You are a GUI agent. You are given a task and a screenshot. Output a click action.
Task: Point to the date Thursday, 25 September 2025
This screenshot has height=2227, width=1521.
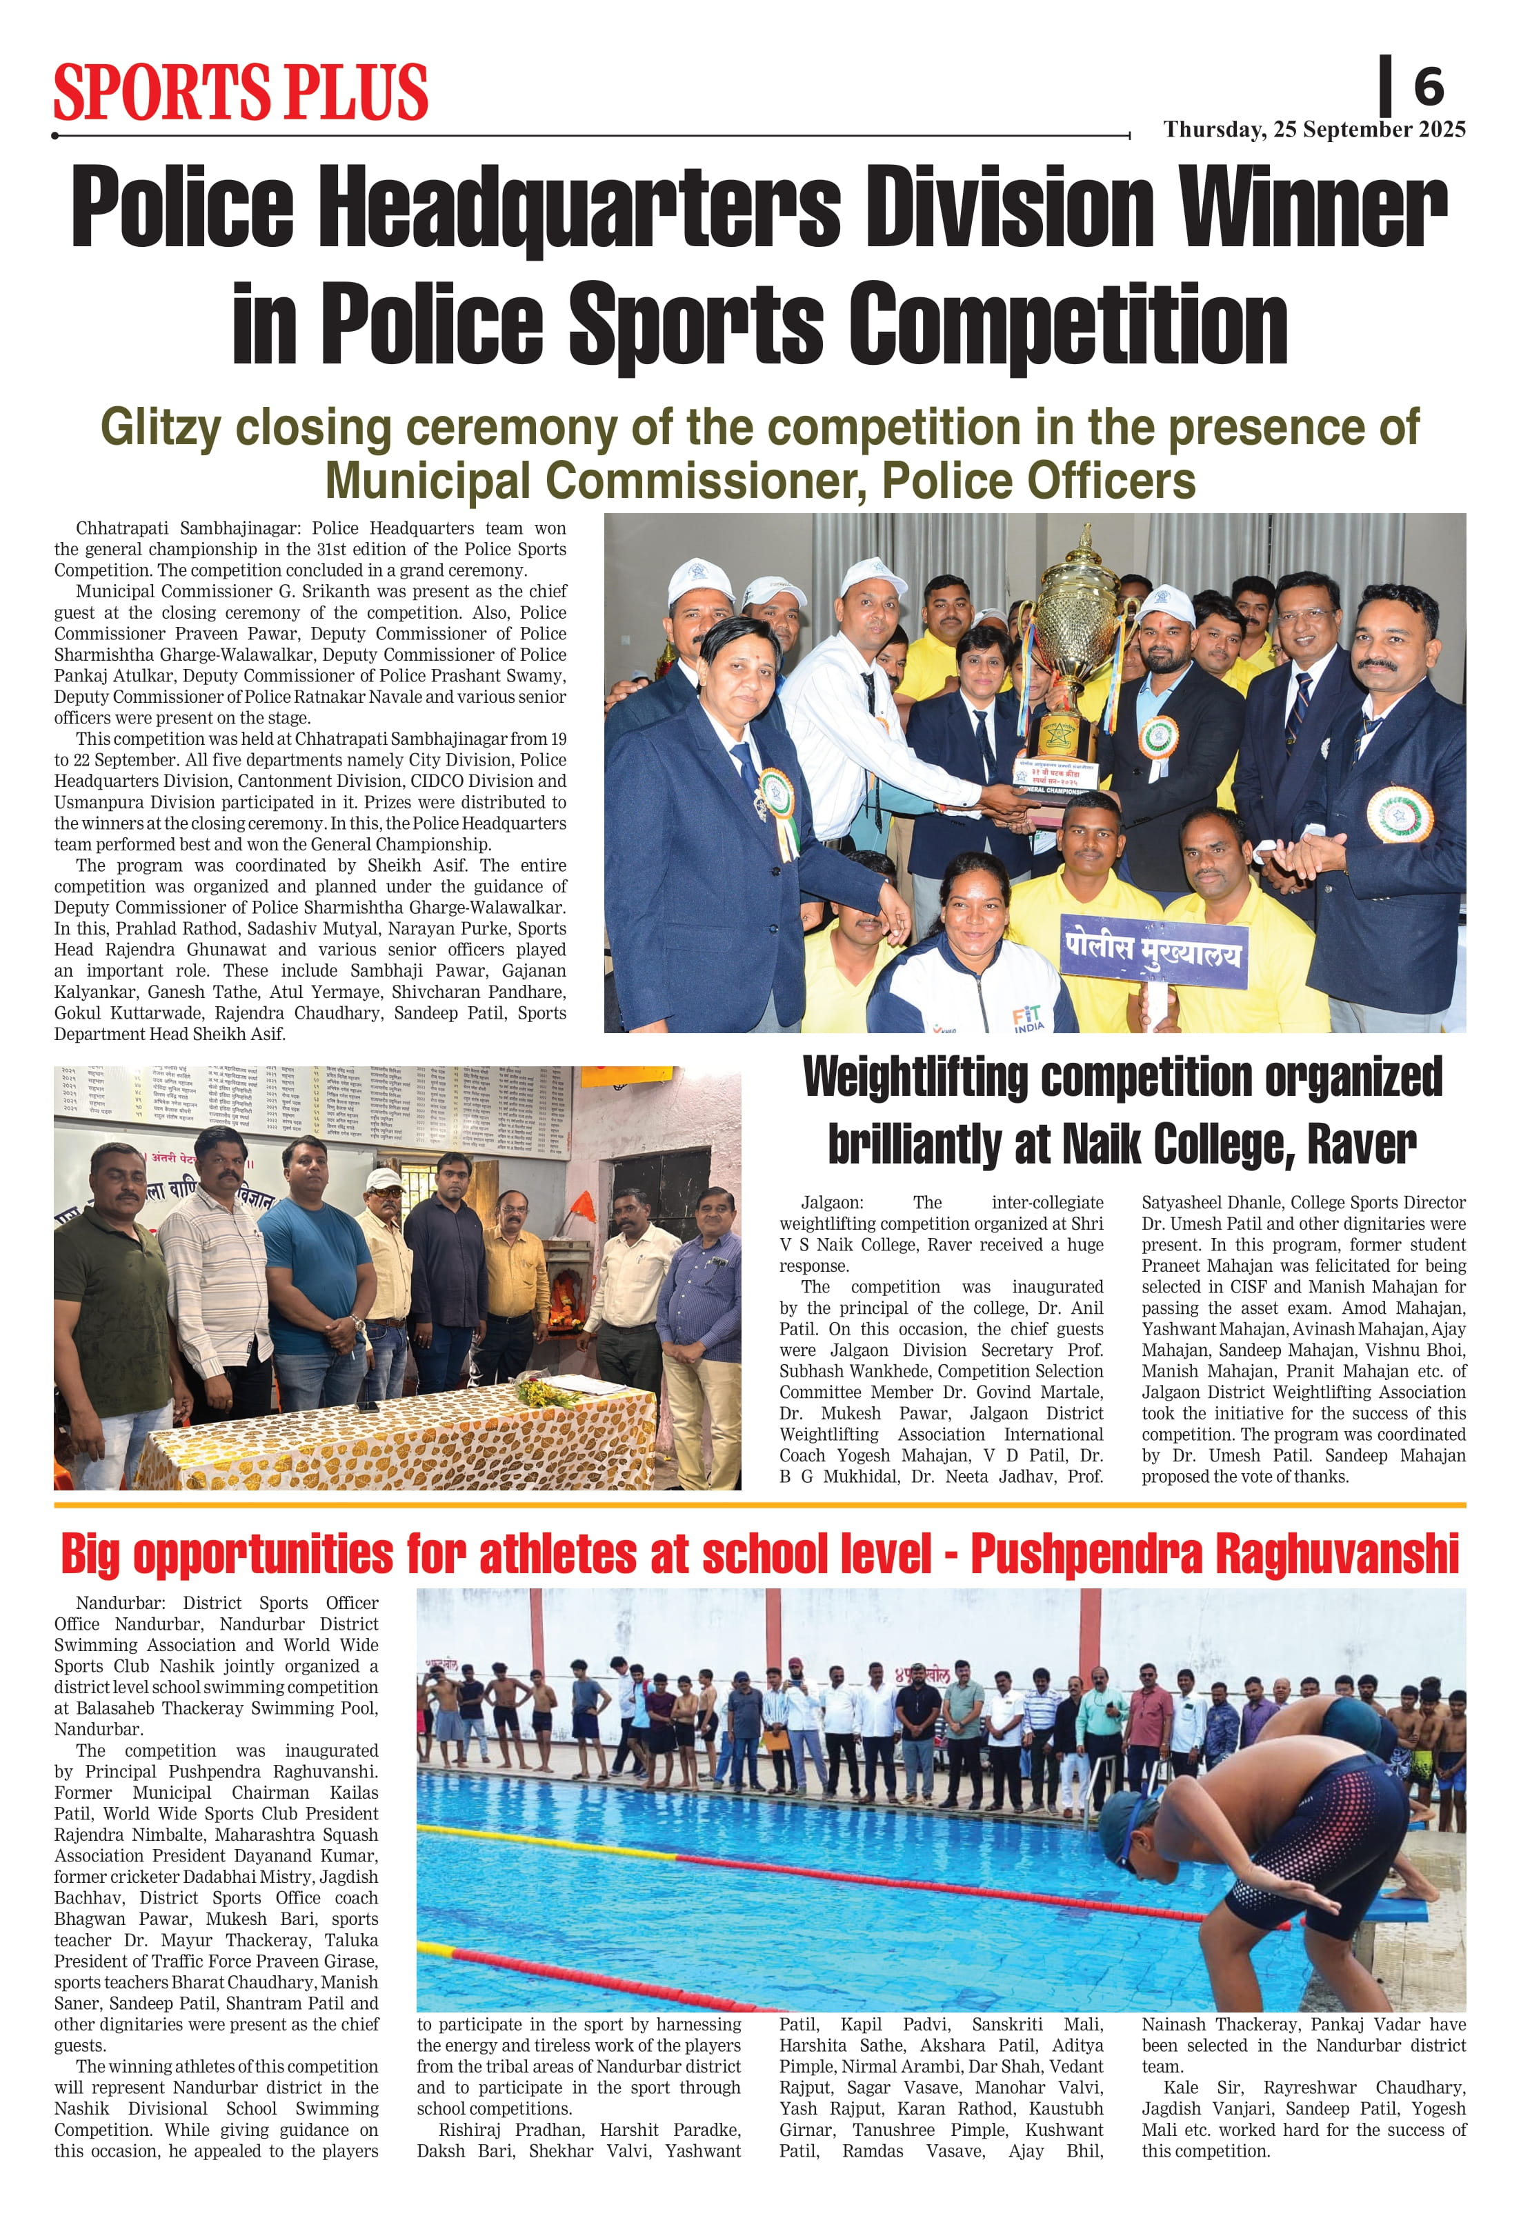(1314, 130)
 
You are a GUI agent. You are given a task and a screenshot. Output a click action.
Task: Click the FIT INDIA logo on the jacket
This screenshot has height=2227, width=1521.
(1028, 1019)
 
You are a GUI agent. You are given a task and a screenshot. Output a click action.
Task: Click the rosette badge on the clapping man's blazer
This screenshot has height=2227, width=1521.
(1400, 815)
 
